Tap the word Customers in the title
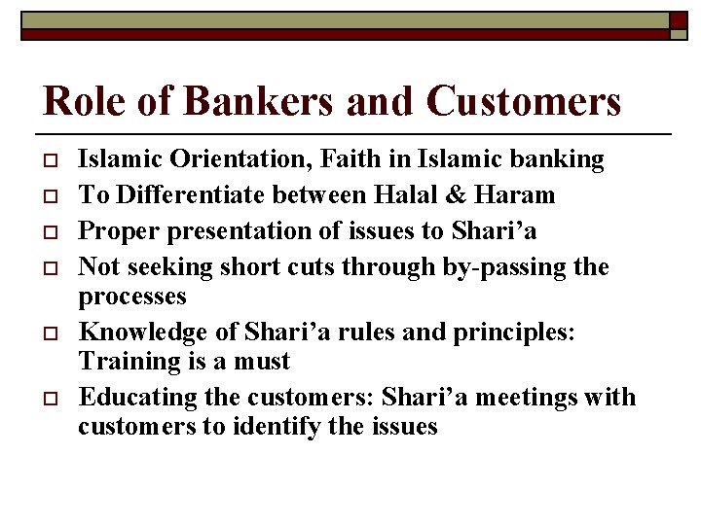coord(524,102)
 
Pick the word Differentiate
coord(190,194)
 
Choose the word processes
coord(132,295)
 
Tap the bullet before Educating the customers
coord(47,399)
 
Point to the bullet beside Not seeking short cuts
coord(47,268)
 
